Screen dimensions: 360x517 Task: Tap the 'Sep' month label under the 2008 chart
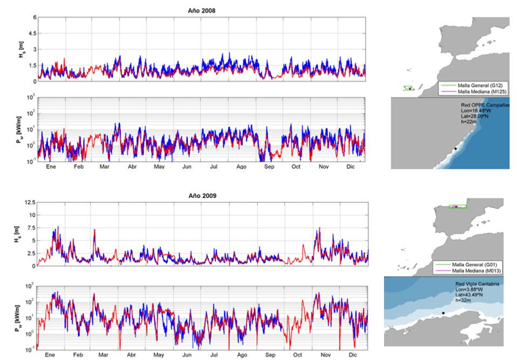tap(269, 165)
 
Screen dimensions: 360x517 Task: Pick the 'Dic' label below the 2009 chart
tap(351, 354)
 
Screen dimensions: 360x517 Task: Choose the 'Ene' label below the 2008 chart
tap(50, 165)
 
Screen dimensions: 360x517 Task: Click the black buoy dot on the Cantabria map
tap(443, 313)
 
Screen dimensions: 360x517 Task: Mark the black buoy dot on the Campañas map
tap(455, 148)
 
